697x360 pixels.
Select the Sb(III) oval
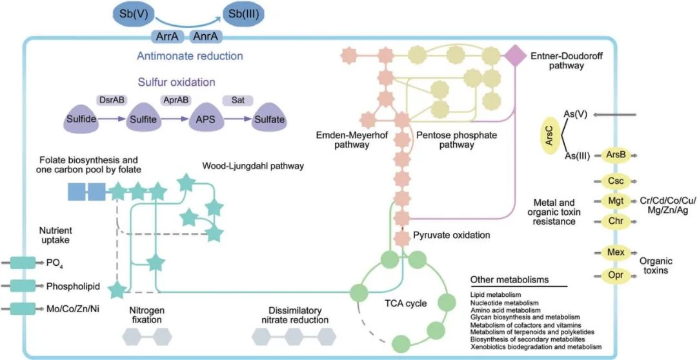(244, 14)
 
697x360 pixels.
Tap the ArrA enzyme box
(167, 36)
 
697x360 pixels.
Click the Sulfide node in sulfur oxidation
(83, 119)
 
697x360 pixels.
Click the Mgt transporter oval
(612, 201)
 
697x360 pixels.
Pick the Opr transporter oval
(612, 275)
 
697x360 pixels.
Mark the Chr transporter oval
(612, 221)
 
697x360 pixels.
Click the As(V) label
(576, 114)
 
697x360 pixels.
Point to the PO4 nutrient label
(56, 263)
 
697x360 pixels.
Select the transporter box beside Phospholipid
(24, 285)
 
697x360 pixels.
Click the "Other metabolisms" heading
(509, 280)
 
